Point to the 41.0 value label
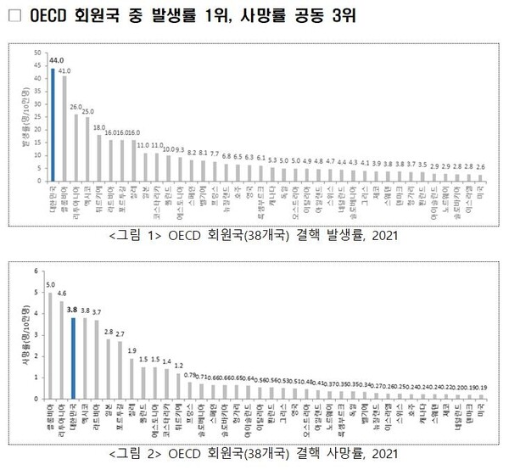(x=64, y=71)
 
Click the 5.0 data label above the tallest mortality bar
(x=51, y=285)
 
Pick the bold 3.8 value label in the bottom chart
(x=75, y=311)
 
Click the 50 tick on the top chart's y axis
(x=36, y=53)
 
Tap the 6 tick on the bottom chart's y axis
(x=36, y=271)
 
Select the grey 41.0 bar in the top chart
(x=64, y=128)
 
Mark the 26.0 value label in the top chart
(x=76, y=107)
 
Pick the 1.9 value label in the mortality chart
(x=131, y=350)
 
